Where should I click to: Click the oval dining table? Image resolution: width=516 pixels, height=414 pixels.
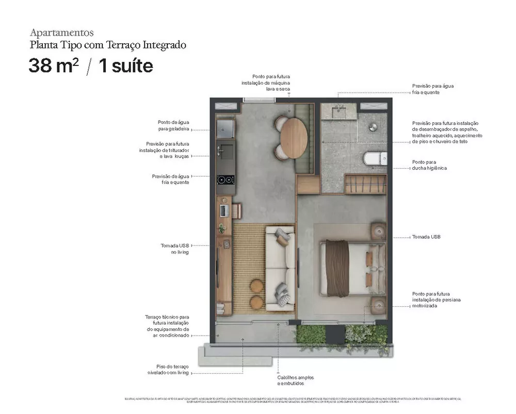294,138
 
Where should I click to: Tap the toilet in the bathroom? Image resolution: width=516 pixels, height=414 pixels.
375,158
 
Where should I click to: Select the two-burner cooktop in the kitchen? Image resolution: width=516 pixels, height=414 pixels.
225,180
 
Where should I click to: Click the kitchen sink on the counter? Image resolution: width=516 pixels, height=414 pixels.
225,151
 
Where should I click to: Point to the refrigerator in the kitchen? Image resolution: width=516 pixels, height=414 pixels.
225,126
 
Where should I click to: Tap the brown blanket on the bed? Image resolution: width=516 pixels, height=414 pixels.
338,268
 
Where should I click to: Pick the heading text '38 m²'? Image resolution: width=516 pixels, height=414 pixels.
54,66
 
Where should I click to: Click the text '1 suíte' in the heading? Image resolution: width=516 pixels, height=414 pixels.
125,66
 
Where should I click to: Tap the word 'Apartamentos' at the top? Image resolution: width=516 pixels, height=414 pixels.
62,33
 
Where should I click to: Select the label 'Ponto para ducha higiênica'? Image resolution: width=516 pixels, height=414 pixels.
429,165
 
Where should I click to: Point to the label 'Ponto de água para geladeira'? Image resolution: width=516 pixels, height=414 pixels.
173,125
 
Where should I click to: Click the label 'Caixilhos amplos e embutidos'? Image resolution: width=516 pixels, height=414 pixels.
295,380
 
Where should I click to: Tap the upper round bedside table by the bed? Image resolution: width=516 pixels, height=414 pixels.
378,232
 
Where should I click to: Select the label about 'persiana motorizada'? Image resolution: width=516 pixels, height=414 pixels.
436,300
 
